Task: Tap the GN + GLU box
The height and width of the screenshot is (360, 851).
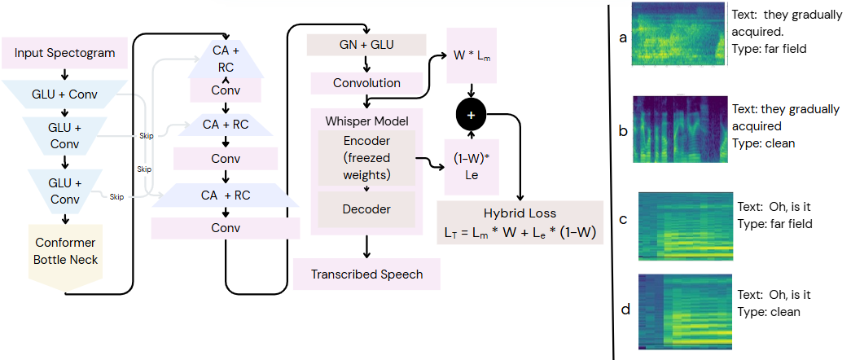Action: click(x=366, y=45)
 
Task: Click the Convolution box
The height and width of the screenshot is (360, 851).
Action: click(x=366, y=83)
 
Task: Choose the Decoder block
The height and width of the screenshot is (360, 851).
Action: click(x=366, y=209)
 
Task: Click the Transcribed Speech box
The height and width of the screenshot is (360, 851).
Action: click(x=366, y=274)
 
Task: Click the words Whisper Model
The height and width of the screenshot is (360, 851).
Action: click(x=366, y=121)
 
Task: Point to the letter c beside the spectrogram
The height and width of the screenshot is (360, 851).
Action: click(x=623, y=220)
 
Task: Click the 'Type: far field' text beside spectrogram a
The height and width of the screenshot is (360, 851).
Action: click(x=766, y=50)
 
